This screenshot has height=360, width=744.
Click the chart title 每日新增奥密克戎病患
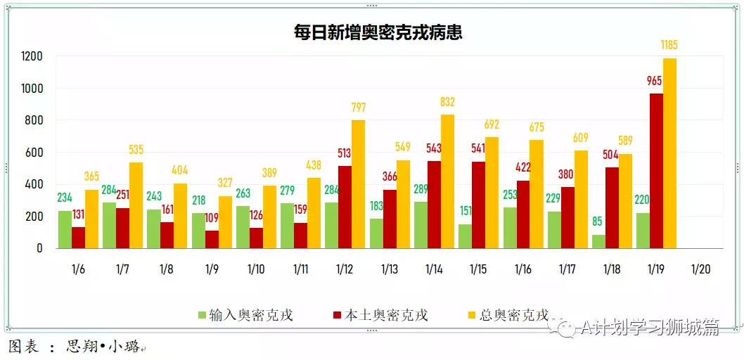click(x=378, y=32)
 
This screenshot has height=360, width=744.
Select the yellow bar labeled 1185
click(x=669, y=153)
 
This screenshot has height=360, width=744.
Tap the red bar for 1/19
click(x=656, y=171)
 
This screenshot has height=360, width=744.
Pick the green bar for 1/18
click(x=598, y=241)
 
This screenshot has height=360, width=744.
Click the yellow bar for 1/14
click(x=447, y=181)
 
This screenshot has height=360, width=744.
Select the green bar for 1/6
click(x=65, y=229)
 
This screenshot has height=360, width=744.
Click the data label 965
click(x=655, y=82)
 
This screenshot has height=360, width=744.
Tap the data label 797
click(x=359, y=108)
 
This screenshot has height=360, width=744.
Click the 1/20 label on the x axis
click(x=700, y=269)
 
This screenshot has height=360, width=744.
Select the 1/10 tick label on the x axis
click(x=257, y=269)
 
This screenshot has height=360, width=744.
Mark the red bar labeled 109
click(x=212, y=239)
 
